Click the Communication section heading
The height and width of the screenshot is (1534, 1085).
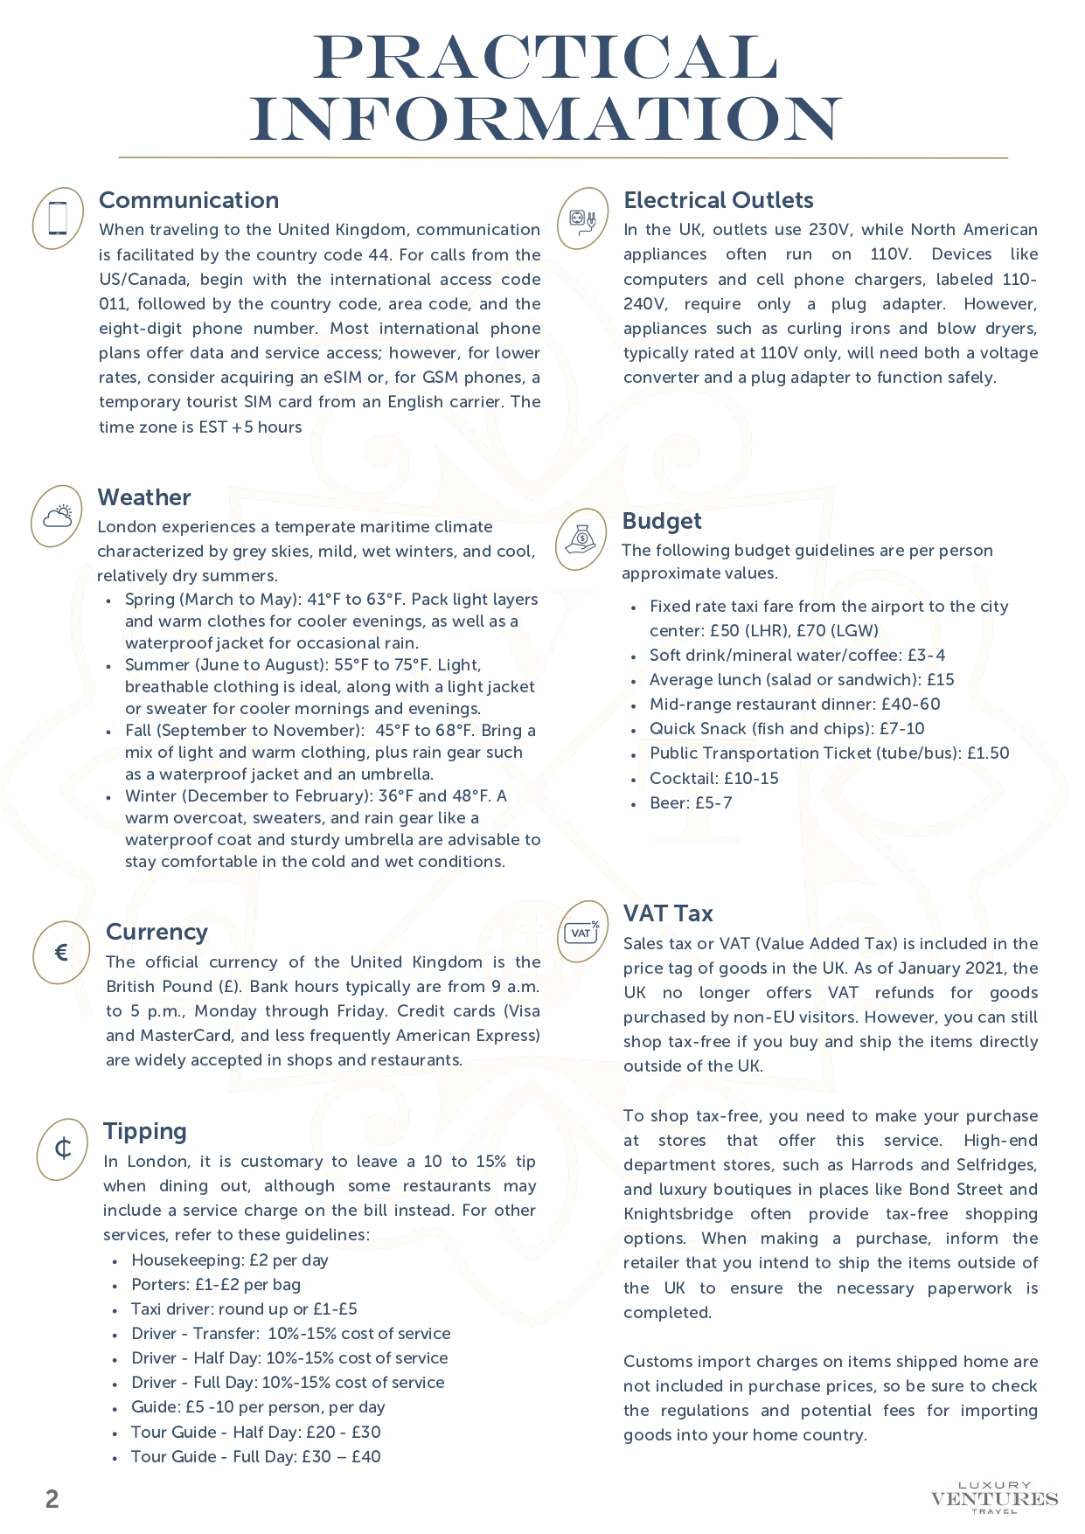[x=189, y=200]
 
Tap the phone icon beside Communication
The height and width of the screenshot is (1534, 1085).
[x=58, y=219]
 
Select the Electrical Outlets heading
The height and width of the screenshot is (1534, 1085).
[x=718, y=200]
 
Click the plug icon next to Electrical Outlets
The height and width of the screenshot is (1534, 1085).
[x=582, y=219]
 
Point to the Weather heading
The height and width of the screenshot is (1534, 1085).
[x=144, y=497]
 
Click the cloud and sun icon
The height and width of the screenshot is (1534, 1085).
[x=58, y=517]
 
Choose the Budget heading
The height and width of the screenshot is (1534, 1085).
[x=662, y=521]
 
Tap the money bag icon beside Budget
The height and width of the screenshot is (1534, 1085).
[x=581, y=539]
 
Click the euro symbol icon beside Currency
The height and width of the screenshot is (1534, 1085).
[x=61, y=953]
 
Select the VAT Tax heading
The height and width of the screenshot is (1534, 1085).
[x=668, y=913]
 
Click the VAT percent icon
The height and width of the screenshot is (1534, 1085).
[x=582, y=932]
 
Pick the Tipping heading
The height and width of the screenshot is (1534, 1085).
[x=145, y=1131]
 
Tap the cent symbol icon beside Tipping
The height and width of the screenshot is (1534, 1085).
[x=63, y=1149]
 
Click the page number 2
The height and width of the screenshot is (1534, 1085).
[x=52, y=1499]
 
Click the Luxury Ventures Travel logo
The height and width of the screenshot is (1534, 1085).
[x=994, y=1497]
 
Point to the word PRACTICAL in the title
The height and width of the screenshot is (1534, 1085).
[x=546, y=59]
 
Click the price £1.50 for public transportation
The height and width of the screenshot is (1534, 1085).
[x=988, y=753]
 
